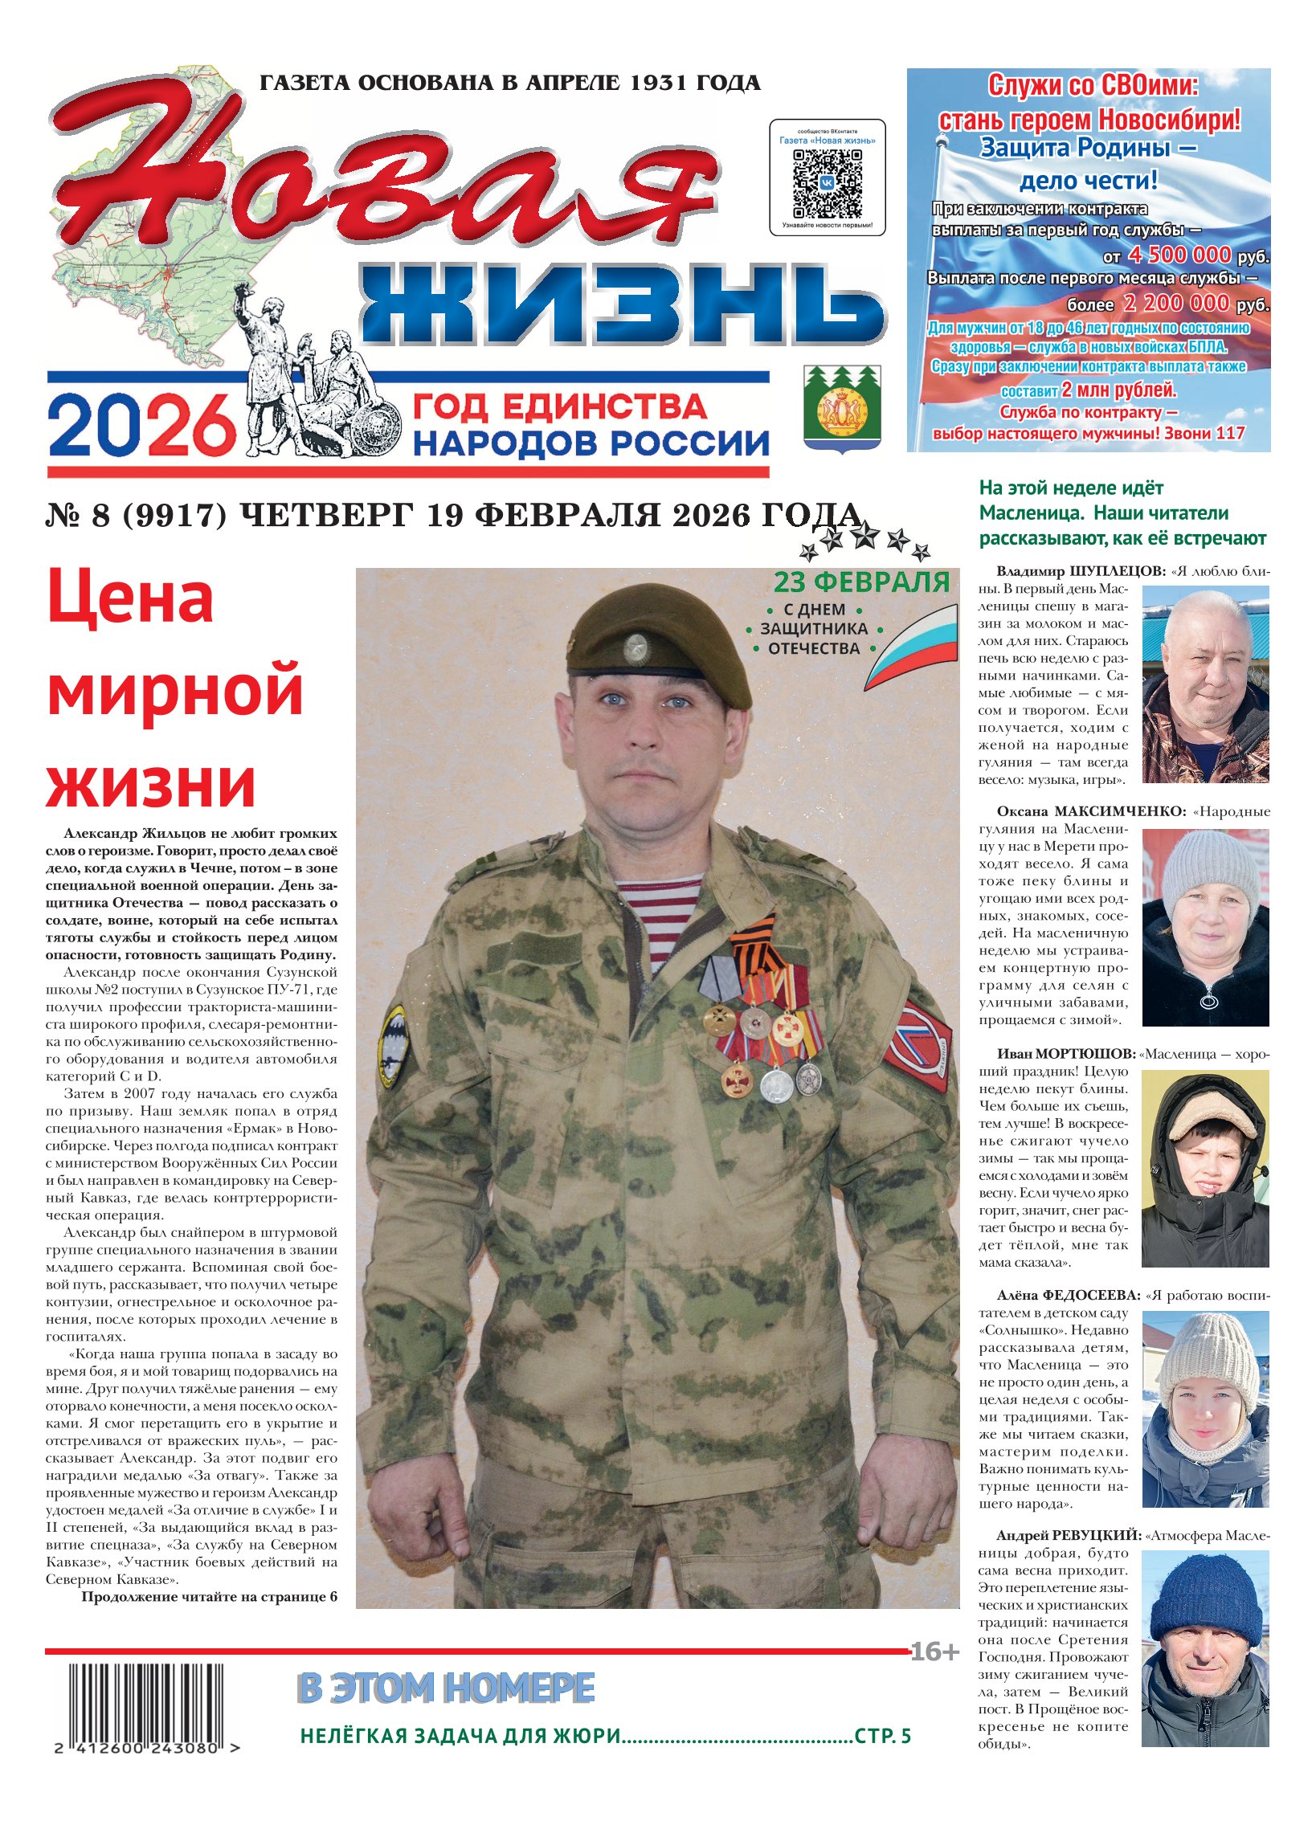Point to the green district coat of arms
[842, 407]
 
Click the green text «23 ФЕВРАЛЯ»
[861, 582]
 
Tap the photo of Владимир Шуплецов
[1204, 684]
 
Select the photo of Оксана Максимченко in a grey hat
[1204, 927]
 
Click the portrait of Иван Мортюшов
[1204, 1170]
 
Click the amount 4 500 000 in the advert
[1179, 255]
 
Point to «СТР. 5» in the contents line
[882, 1736]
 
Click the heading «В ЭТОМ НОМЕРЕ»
[446, 1688]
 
